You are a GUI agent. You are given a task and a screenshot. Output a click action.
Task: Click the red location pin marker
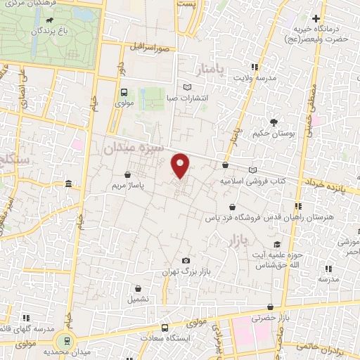coord(181,165)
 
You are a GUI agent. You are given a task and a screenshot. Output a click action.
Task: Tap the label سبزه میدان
coord(134,148)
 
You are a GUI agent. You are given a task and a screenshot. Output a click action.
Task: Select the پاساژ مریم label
coord(127,186)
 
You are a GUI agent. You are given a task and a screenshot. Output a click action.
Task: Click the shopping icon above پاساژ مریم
coord(127,174)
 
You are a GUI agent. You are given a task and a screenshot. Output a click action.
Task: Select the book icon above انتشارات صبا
coord(186,87)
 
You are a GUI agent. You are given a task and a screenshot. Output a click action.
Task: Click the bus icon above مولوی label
coord(124,91)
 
